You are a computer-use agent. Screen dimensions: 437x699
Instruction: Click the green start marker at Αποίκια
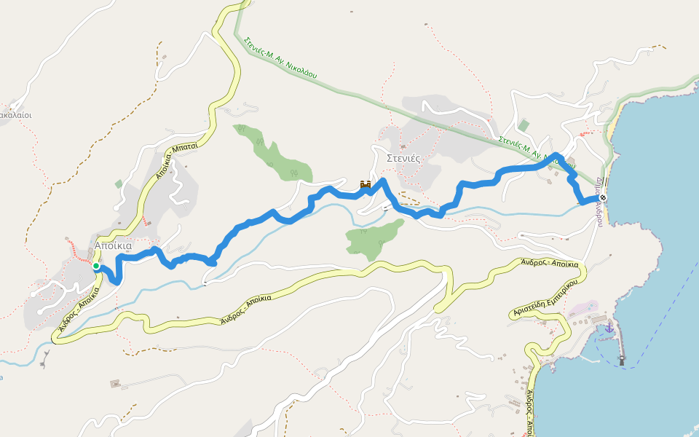click(96, 267)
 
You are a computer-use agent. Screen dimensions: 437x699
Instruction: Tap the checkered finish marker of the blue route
click(603, 197)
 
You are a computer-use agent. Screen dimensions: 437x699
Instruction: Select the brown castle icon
click(366, 185)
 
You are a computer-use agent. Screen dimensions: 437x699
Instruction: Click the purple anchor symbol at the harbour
click(609, 329)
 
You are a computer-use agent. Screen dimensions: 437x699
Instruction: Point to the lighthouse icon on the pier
click(621, 359)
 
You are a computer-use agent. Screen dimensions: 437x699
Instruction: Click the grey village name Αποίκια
click(113, 246)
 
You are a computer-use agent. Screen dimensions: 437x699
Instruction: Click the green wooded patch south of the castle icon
click(374, 237)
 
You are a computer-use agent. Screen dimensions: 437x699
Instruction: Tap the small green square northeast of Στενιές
click(524, 125)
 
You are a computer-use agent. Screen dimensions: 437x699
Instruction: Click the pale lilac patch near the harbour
click(582, 309)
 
